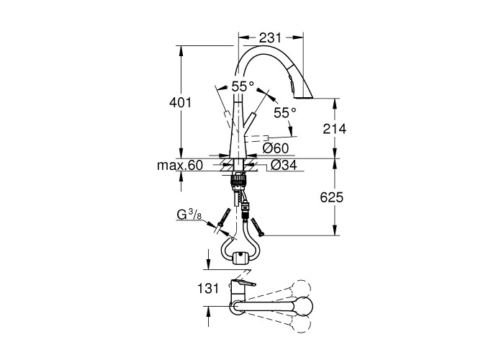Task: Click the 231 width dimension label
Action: [x=270, y=38]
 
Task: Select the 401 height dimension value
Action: [x=180, y=102]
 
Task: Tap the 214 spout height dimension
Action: [x=335, y=129]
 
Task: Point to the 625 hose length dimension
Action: [x=332, y=197]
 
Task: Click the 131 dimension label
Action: [x=208, y=288]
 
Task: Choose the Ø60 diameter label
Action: [x=276, y=148]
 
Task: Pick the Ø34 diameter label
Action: [x=284, y=165]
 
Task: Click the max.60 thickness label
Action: [x=180, y=166]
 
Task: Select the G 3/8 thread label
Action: [x=189, y=215]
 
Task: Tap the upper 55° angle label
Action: [x=243, y=86]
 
